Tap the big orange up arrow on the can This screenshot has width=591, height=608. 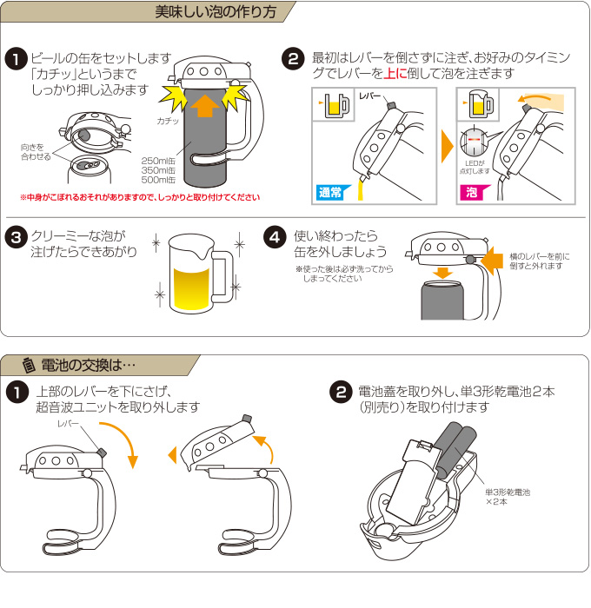click(x=204, y=106)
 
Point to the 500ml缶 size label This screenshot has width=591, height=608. click(x=158, y=181)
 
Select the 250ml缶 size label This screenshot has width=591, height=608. click(x=158, y=161)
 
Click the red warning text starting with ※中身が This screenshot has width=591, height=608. click(x=139, y=197)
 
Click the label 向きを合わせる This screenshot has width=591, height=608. click(x=35, y=152)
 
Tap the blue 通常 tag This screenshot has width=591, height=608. click(x=329, y=192)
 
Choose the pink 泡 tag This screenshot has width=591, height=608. click(x=470, y=192)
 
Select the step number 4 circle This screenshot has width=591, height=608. click(x=275, y=236)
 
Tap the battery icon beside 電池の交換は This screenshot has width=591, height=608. click(x=29, y=363)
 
